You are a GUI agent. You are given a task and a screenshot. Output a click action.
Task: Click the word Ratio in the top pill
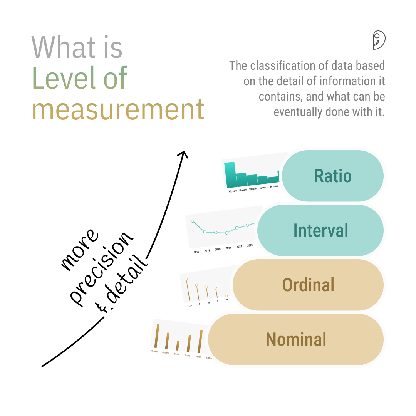(x=333, y=176)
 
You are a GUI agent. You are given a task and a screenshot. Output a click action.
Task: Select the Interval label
(x=320, y=230)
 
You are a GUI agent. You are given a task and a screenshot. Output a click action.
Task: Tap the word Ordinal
(x=308, y=285)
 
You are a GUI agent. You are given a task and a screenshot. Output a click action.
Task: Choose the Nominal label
(x=296, y=339)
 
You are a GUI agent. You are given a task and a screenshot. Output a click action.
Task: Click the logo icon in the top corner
(x=379, y=40)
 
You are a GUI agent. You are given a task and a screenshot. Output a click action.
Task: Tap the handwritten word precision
(x=102, y=270)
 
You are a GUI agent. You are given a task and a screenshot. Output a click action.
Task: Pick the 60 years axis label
(x=273, y=186)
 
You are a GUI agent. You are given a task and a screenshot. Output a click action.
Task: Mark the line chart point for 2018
(x=193, y=221)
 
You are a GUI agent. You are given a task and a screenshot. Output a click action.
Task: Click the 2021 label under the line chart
(x=228, y=248)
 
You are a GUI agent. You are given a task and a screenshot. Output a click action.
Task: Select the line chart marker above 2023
(x=247, y=225)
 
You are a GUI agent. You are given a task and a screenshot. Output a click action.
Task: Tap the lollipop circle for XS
(x=186, y=279)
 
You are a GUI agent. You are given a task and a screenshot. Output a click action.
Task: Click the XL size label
(x=227, y=300)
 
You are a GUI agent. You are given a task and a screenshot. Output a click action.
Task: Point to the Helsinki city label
(x=155, y=351)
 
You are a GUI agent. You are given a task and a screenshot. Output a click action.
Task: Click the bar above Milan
(x=200, y=341)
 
